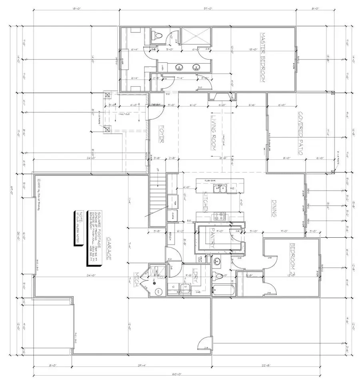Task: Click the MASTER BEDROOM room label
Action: (x=263, y=58)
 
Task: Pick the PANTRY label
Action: (x=212, y=240)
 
